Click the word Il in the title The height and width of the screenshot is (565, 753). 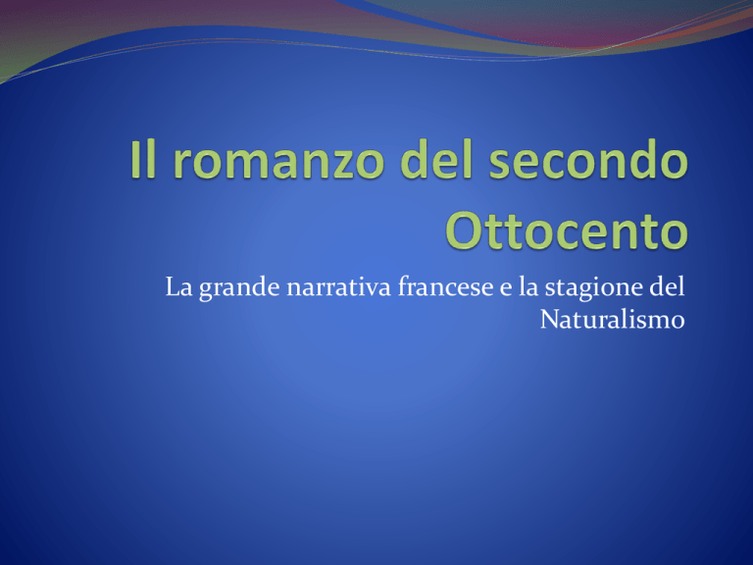143,159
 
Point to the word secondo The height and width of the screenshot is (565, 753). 588,159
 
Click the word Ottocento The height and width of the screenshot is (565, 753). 567,231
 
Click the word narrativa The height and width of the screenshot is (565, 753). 339,287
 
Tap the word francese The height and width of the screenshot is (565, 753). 445,286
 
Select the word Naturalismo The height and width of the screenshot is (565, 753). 612,320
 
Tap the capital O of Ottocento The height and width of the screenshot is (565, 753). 464,231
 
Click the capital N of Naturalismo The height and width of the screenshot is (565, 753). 550,320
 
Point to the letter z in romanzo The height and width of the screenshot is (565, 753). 339,165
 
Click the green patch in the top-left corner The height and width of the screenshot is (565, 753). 7,73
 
